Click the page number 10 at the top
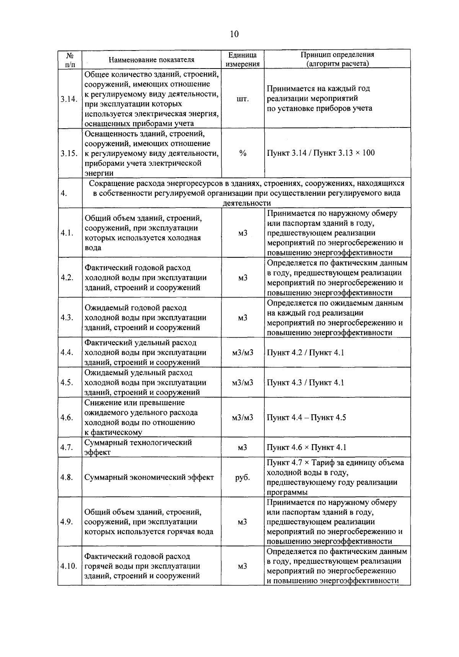click(x=234, y=34)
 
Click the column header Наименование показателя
click(x=151, y=60)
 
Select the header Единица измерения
click(x=243, y=60)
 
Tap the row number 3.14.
click(x=69, y=99)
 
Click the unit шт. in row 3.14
click(x=243, y=99)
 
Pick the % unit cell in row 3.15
click(x=243, y=153)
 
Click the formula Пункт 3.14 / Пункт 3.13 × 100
click(x=321, y=153)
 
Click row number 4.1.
click(x=67, y=233)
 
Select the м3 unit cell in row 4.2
click(x=243, y=278)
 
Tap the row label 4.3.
click(x=67, y=318)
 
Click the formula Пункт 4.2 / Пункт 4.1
click(x=305, y=353)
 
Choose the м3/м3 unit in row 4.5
click(x=243, y=382)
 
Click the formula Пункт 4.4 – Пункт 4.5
click(x=306, y=418)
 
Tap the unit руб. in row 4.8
click(x=243, y=477)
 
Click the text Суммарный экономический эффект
click(x=149, y=477)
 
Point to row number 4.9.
click(x=67, y=522)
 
